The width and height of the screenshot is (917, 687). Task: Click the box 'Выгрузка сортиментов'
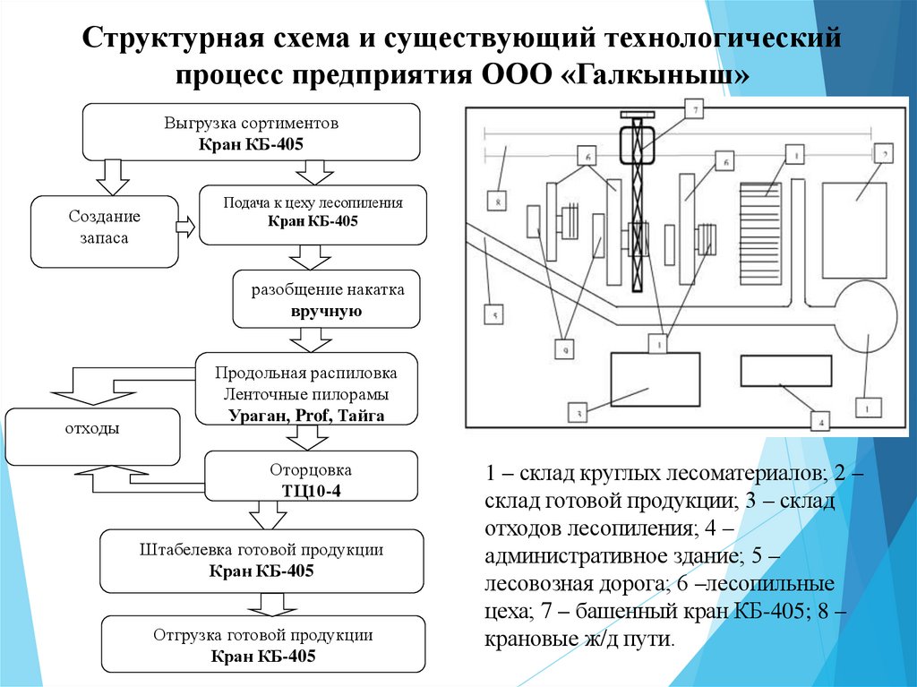pyautogui.click(x=251, y=131)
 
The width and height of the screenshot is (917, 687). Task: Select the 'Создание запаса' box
pyautogui.click(x=105, y=232)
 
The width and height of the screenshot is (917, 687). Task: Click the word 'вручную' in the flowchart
pyautogui.click(x=325, y=312)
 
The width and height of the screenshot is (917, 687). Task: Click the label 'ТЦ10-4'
pyautogui.click(x=311, y=489)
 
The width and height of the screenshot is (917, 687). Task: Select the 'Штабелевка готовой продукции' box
pyautogui.click(x=261, y=560)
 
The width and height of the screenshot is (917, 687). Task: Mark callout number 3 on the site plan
pyautogui.click(x=579, y=413)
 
